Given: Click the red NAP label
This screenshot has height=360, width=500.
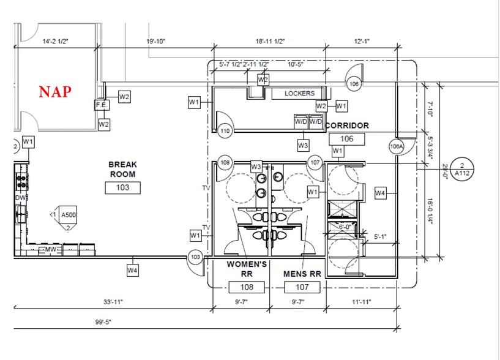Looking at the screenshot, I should pyautogui.click(x=56, y=92).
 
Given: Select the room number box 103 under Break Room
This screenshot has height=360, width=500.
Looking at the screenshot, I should pyautogui.click(x=123, y=187).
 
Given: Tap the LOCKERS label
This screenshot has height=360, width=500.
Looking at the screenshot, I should pyautogui.click(x=299, y=94).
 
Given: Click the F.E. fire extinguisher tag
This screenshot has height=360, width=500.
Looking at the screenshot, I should pyautogui.click(x=101, y=105).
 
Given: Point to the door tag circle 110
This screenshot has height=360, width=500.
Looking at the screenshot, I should pyautogui.click(x=225, y=130).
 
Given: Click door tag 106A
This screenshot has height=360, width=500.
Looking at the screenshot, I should pyautogui.click(x=397, y=146).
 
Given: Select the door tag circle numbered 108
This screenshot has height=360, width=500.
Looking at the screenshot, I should pyautogui.click(x=225, y=163).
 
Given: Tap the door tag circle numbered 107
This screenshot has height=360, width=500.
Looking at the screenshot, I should pyautogui.click(x=315, y=163).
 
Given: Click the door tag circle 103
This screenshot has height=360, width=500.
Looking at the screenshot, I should pyautogui.click(x=195, y=258).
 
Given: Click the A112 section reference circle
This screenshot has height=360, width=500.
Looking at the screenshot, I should pyautogui.click(x=463, y=170).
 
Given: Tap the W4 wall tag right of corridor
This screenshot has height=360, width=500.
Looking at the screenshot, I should pyautogui.click(x=380, y=193).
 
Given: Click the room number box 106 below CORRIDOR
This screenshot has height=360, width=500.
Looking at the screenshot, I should pyautogui.click(x=346, y=139).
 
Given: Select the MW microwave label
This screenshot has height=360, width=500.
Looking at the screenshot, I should pyautogui.click(x=51, y=250).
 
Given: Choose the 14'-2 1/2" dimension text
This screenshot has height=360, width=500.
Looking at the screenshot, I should pyautogui.click(x=54, y=42).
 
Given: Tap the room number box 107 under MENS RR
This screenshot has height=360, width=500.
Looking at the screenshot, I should pyautogui.click(x=300, y=287).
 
